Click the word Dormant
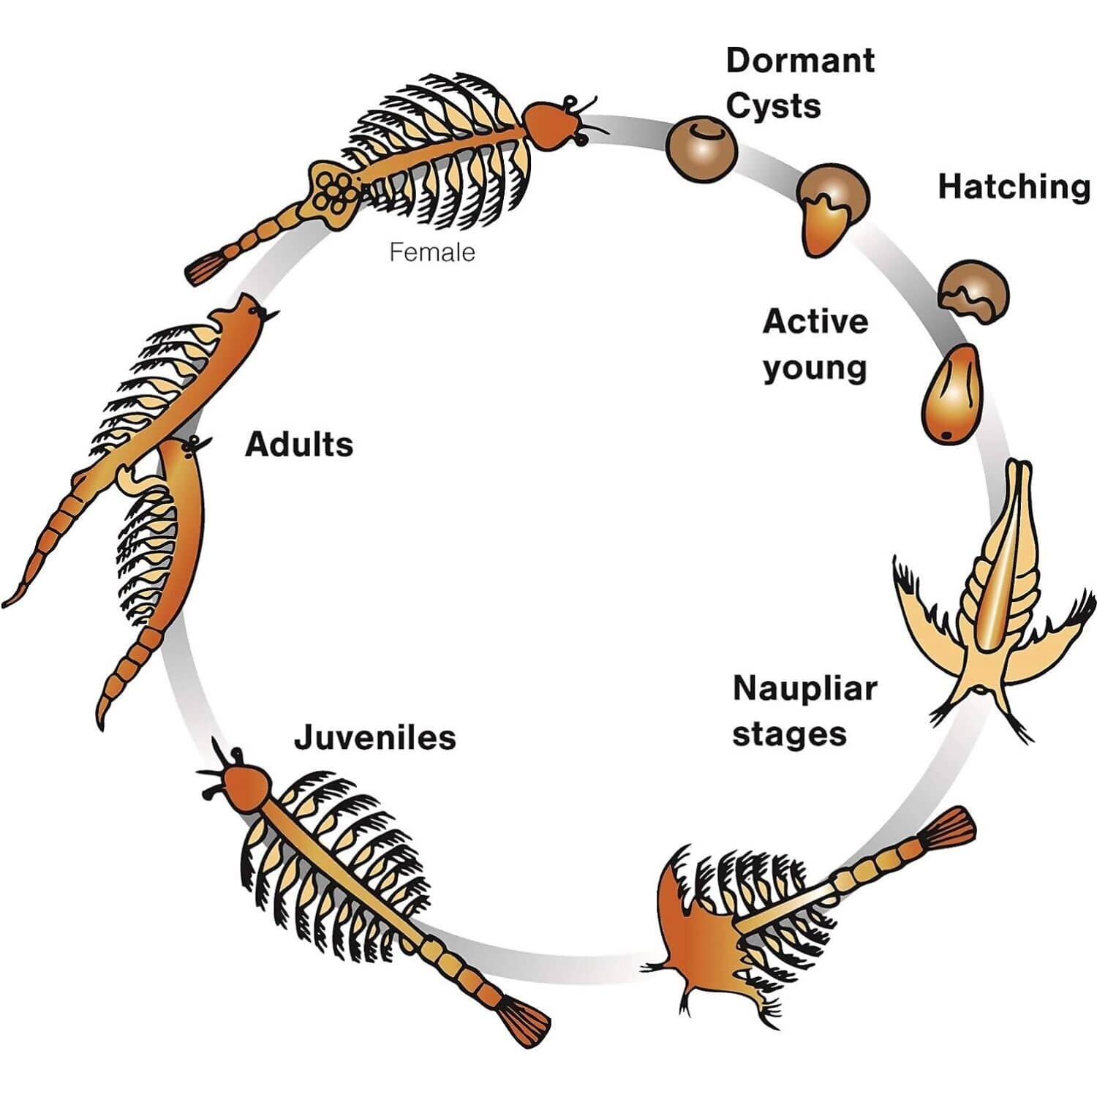(x=800, y=61)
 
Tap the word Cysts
(x=773, y=106)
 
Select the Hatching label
(x=1014, y=187)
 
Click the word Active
(x=815, y=322)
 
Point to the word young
(x=815, y=368)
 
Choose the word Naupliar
(x=804, y=689)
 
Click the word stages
(x=789, y=734)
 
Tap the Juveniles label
(x=375, y=737)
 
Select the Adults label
(x=299, y=445)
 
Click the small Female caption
(x=432, y=252)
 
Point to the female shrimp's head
(x=551, y=125)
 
